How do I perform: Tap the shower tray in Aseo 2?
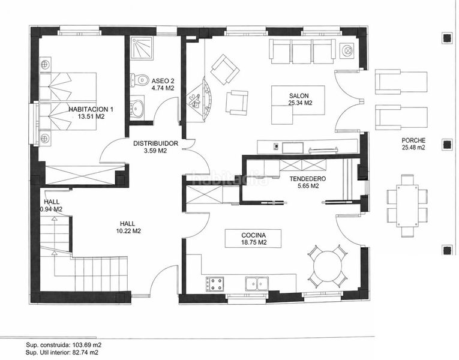pos(142,48)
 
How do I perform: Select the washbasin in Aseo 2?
pos(137,107)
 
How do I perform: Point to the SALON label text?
pos(299,96)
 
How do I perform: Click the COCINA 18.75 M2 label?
pos(254,239)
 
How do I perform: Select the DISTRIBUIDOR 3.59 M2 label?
pos(155,147)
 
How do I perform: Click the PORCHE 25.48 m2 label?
pos(413,144)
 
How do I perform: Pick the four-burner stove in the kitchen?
pos(215,284)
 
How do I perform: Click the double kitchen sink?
pos(257,284)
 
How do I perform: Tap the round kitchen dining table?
pos(328,266)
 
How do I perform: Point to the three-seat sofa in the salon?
pos(302,51)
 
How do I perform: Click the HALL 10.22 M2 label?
pos(128,227)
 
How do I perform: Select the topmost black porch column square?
pos(447,38)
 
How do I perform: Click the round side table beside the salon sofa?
pos(348,50)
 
